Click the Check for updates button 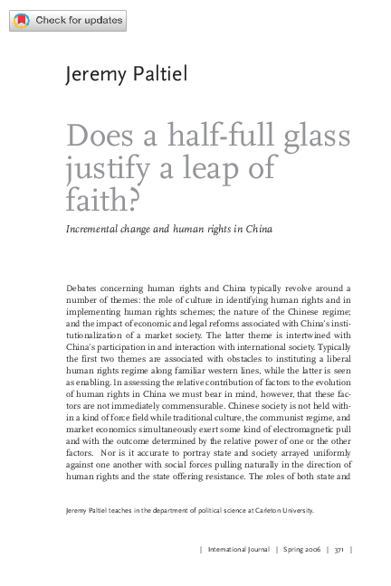click(x=68, y=21)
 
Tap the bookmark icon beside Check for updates click(x=23, y=21)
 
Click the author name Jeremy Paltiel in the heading click(x=126, y=74)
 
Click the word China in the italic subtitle click(x=254, y=229)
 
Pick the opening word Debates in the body click(x=87, y=287)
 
